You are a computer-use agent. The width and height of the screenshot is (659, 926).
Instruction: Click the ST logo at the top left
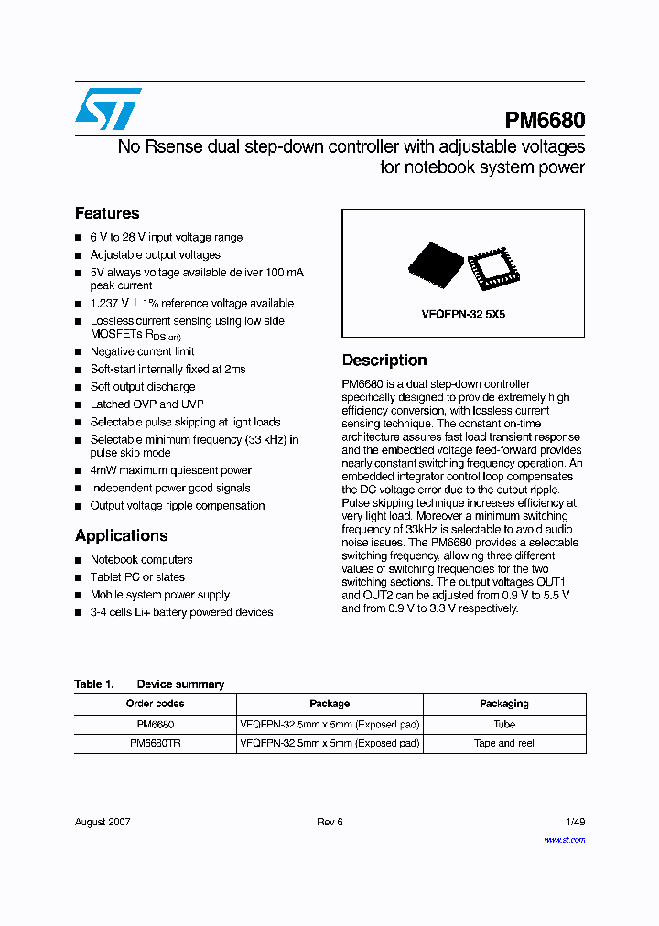click(x=108, y=109)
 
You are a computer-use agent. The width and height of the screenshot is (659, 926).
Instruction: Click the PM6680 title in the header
click(x=545, y=121)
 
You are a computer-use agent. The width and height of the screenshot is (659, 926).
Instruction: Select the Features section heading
click(x=107, y=213)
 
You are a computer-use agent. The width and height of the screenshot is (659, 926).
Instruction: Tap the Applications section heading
click(x=121, y=535)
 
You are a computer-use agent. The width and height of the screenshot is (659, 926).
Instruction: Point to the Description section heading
click(x=384, y=361)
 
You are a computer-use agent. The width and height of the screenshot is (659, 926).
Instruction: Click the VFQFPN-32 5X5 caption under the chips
click(x=463, y=314)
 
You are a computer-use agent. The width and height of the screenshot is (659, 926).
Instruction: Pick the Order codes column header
click(x=155, y=704)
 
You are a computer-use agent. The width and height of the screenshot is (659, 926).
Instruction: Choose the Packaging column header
click(x=503, y=704)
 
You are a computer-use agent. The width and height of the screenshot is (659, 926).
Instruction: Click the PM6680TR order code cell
click(x=155, y=743)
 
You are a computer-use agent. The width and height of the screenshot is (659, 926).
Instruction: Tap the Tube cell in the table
click(x=503, y=724)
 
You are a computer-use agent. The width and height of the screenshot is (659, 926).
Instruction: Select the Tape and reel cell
click(x=503, y=743)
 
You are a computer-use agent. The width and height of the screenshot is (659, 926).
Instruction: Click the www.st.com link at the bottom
click(x=564, y=839)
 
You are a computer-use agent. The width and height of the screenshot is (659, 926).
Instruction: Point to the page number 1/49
click(x=575, y=822)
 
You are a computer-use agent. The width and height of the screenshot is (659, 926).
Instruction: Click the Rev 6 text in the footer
click(x=329, y=822)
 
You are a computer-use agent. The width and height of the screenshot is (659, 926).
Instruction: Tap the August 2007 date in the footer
click(x=103, y=822)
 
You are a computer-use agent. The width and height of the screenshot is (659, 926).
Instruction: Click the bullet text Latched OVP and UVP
click(x=146, y=404)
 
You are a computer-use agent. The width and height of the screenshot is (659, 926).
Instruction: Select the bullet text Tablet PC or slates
click(x=137, y=577)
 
